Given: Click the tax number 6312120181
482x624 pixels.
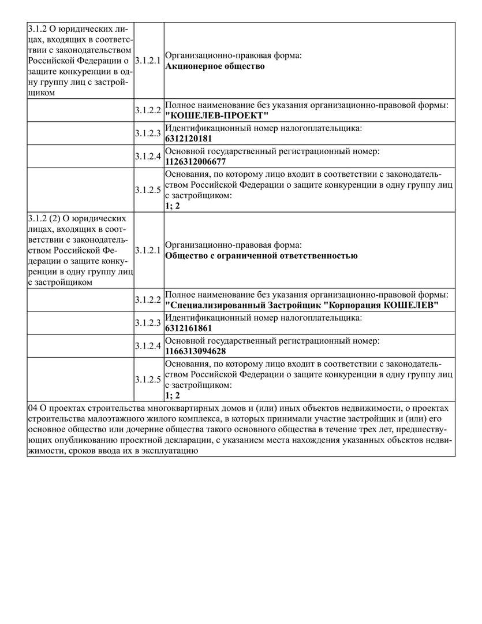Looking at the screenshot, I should pos(189,139).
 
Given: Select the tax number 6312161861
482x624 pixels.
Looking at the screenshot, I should pos(189,328).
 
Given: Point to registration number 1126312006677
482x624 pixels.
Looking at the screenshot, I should pos(195,161).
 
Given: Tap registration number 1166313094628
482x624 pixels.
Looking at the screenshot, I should pos(195,351).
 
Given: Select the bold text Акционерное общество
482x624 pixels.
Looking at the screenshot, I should pos(215,66).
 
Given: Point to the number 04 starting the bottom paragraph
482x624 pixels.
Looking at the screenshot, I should pos(33,408).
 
